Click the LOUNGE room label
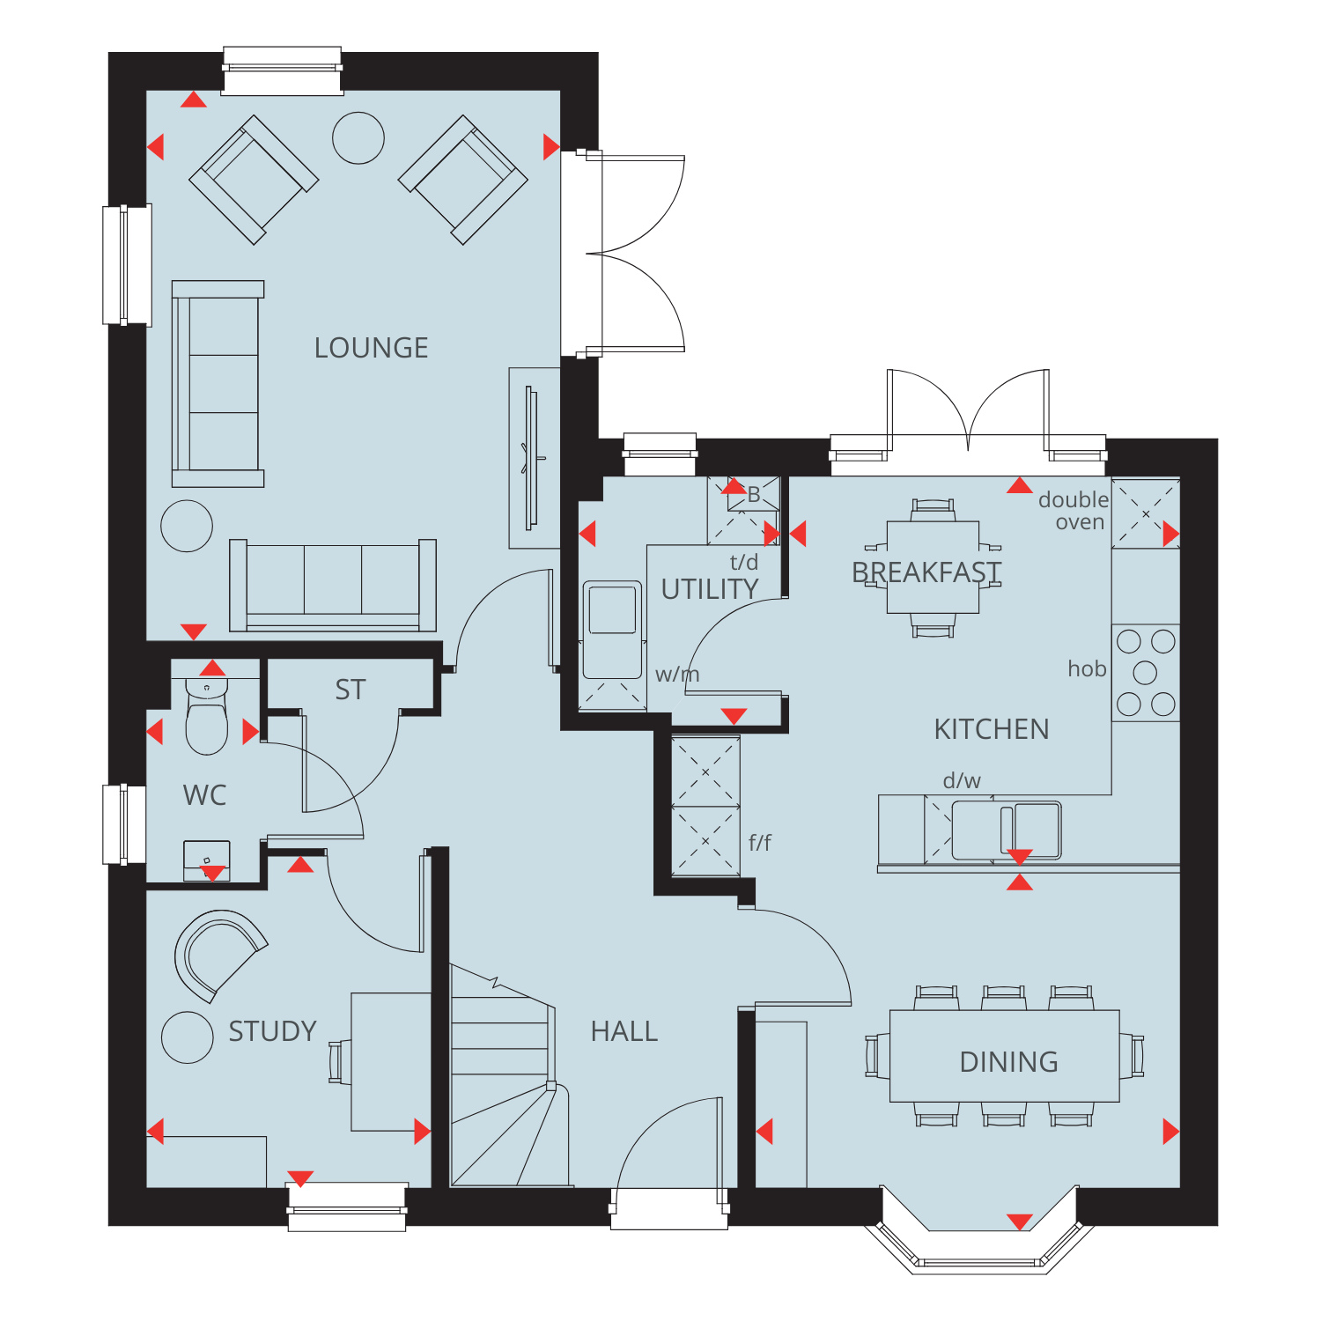(371, 348)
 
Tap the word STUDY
(272, 1031)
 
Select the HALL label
(624, 1031)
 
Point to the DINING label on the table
(1009, 1062)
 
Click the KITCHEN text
(992, 729)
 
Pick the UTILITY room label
(710, 589)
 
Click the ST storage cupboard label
(351, 690)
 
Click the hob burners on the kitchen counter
(1146, 673)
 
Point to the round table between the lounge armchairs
(358, 138)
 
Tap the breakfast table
(933, 567)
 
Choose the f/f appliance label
(760, 843)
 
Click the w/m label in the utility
(677, 675)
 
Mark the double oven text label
(1074, 511)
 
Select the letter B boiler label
(754, 496)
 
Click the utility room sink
(612, 629)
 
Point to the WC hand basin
(207, 860)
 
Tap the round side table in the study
(188, 1037)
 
